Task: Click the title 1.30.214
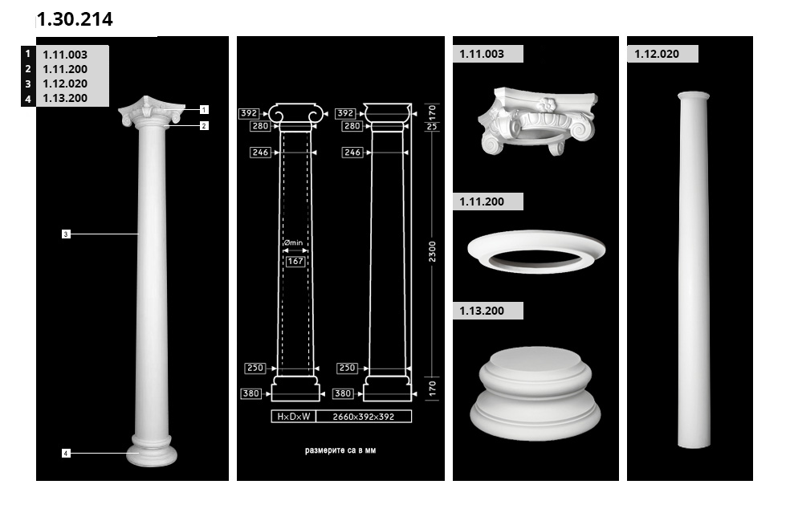75,19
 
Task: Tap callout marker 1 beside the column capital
204,109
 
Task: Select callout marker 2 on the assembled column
204,125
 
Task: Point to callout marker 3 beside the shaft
66,234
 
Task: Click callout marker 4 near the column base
66,453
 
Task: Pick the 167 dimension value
295,261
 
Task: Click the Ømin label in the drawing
293,242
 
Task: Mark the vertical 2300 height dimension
432,251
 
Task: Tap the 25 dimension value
432,127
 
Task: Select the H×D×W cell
294,416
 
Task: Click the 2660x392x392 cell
363,416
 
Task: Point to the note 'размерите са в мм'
340,450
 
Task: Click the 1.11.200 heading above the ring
482,202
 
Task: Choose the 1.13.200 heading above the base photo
482,311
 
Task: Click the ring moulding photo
536,251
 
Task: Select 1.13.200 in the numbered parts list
65,98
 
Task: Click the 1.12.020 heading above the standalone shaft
657,54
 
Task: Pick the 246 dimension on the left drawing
260,153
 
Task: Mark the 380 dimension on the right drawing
343,393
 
